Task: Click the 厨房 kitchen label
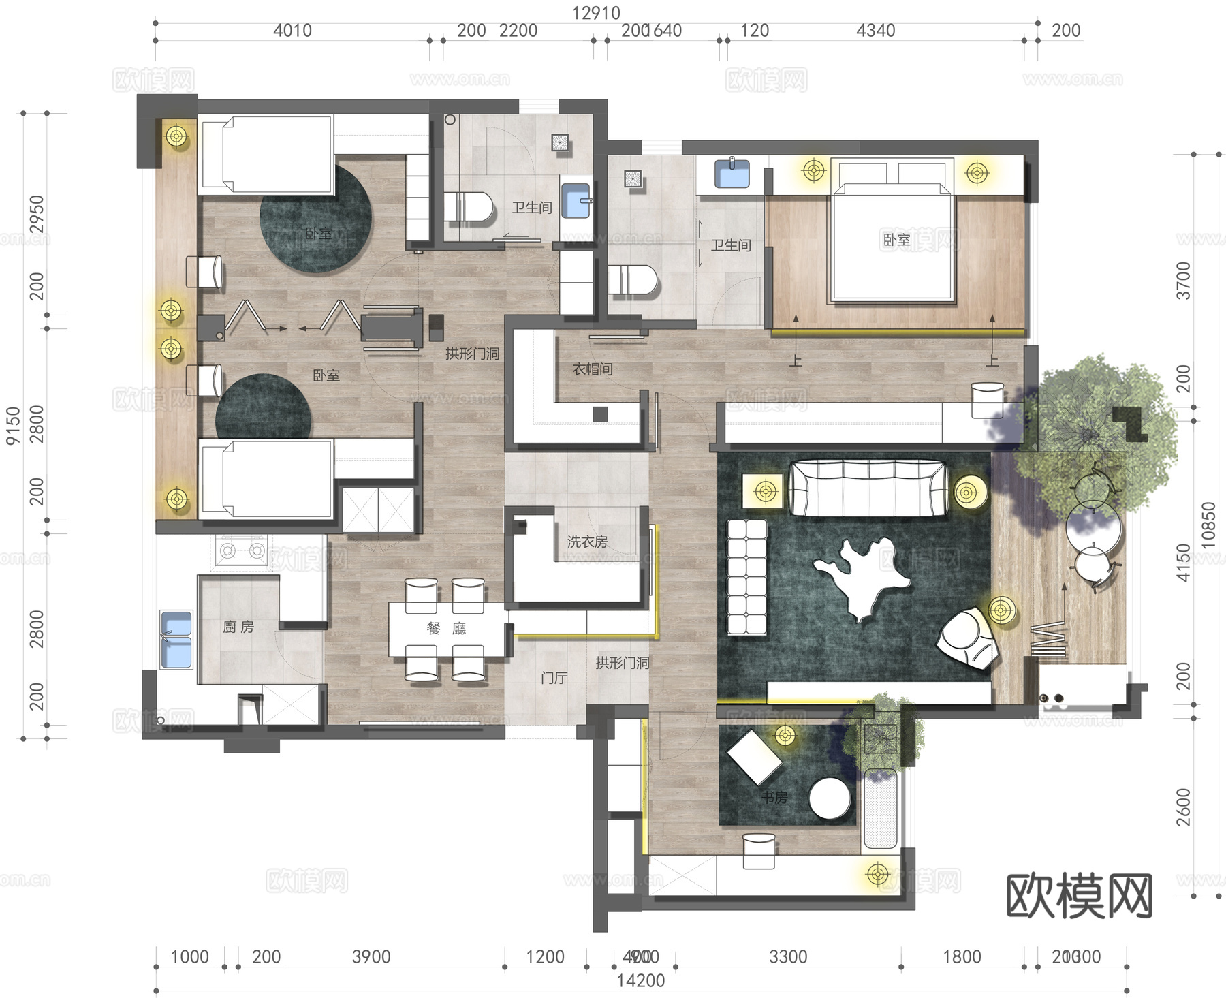[238, 627]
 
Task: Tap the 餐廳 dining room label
[446, 628]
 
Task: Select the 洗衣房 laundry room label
[587, 542]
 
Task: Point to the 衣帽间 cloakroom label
[593, 369]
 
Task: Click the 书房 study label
[774, 797]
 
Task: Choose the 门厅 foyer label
[554, 678]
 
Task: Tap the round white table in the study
[830, 799]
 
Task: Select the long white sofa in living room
[868, 488]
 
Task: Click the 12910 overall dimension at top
[596, 13]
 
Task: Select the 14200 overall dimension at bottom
[640, 980]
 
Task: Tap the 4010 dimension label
[292, 31]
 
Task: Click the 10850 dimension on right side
[1208, 525]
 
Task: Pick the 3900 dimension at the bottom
[371, 956]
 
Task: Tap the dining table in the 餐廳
[446, 628]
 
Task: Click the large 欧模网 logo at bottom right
[1079, 895]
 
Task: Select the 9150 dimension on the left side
[13, 426]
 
